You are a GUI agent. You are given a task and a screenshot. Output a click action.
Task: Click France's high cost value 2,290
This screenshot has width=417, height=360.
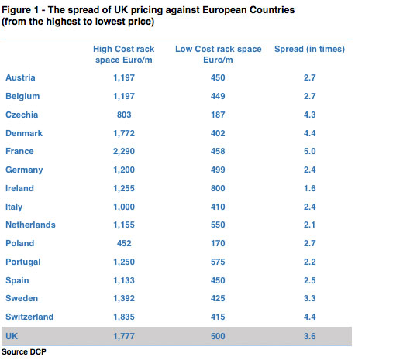124,151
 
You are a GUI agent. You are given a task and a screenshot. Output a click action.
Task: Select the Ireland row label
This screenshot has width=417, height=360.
19,188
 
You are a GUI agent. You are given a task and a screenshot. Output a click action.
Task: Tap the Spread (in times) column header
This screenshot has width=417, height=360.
309,49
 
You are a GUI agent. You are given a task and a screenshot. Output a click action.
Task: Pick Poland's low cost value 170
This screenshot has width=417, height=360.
218,243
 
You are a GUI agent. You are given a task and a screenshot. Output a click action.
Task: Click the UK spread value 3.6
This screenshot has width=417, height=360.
309,336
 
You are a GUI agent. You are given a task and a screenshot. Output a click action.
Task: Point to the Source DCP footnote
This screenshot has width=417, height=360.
24,351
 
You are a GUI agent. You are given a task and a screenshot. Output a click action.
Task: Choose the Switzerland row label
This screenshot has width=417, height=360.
29,317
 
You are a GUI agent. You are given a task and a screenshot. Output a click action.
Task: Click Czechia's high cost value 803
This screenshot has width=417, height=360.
124,115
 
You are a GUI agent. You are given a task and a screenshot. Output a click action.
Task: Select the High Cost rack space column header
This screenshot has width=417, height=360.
124,54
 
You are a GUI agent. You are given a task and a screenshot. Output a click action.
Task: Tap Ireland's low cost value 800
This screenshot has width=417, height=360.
218,188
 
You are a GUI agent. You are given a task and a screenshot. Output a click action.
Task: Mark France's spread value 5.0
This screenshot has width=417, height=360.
309,151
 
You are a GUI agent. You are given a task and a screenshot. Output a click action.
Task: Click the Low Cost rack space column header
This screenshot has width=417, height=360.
218,54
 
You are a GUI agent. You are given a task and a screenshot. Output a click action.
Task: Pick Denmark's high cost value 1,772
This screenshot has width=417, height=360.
124,133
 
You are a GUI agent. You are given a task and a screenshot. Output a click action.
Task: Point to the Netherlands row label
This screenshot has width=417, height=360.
30,225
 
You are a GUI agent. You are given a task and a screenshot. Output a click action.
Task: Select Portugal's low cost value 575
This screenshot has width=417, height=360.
218,262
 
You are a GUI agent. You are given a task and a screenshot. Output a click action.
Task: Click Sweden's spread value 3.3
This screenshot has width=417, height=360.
309,298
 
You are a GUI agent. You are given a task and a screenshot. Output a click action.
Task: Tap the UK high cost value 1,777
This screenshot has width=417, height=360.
124,336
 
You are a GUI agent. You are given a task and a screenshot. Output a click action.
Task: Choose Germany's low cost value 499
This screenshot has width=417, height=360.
218,170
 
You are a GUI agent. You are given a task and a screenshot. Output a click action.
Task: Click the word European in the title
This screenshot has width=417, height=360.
225,10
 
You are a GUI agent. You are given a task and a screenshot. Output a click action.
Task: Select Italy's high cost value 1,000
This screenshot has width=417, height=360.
124,207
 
